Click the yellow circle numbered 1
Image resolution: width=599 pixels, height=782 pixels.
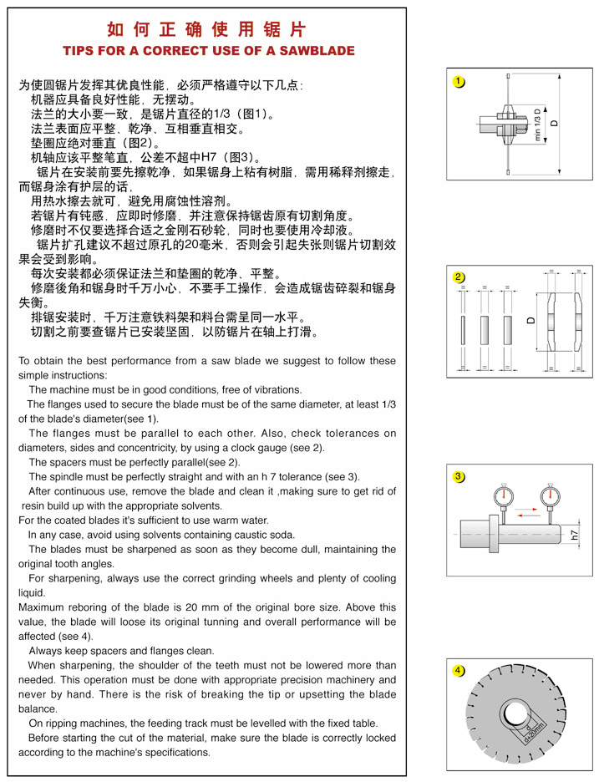pos(459,82)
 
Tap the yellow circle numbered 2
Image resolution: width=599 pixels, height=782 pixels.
pos(459,277)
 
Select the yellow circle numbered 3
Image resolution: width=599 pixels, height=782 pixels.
pos(459,477)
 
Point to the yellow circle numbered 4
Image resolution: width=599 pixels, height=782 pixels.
pos(459,670)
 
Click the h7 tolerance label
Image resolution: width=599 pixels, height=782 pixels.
pos(575,535)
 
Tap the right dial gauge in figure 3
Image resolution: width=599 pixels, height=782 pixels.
pos(548,500)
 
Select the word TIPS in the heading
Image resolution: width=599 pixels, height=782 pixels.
pos(82,51)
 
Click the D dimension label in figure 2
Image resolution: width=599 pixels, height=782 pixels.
pos(530,321)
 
